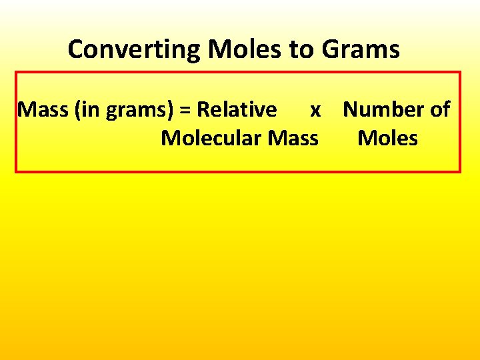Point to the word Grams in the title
(361, 50)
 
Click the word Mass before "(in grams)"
(43, 109)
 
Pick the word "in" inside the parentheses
(90, 109)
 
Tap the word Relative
(237, 109)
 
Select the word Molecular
(211, 139)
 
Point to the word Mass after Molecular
(293, 139)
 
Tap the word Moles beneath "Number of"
(387, 139)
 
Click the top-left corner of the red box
(16, 72)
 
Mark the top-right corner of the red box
(460, 72)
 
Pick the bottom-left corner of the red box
(16, 172)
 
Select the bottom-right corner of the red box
(460, 172)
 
